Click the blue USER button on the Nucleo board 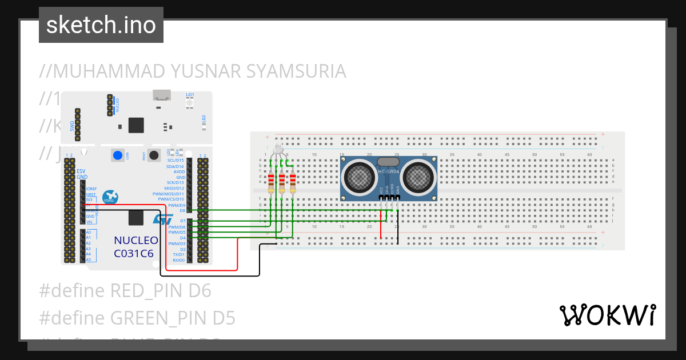point(118,155)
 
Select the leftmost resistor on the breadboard point(271,182)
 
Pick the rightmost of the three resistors point(293,182)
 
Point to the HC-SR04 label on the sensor point(389,172)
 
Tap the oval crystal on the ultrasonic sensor point(389,162)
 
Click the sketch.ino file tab point(101,25)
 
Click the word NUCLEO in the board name point(135,240)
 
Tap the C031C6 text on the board point(134,253)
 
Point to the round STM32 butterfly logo point(109,197)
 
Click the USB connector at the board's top point(161,95)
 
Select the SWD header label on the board point(72,125)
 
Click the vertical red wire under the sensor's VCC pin point(381,223)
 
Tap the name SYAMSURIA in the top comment point(296,71)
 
